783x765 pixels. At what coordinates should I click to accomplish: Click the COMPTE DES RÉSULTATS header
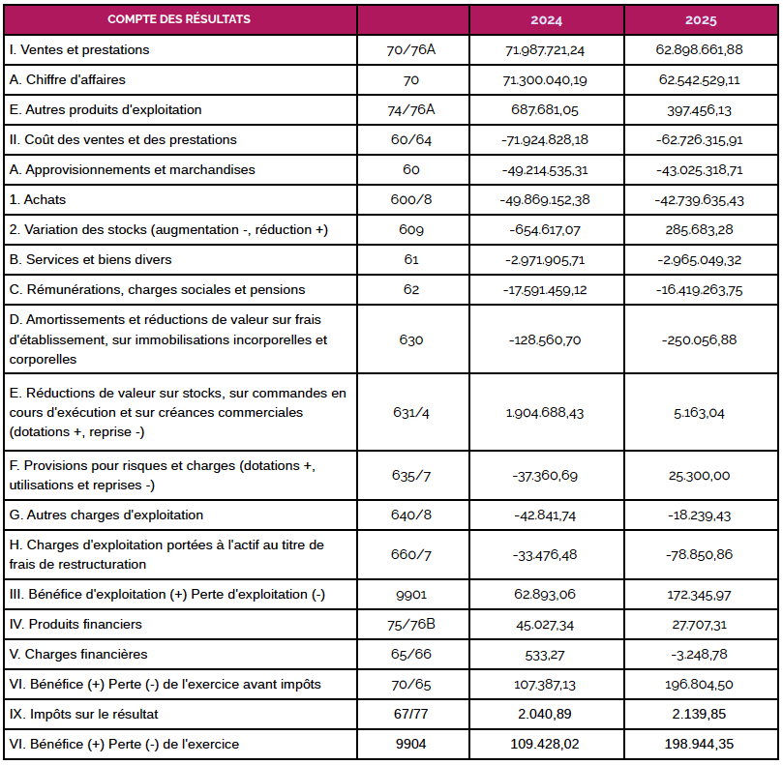(179, 19)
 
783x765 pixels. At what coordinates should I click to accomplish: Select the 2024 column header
(546, 20)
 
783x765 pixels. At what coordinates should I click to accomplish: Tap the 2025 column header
(701, 20)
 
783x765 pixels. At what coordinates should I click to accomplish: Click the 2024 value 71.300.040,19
(545, 80)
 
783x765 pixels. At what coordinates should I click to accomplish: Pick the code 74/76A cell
(411, 110)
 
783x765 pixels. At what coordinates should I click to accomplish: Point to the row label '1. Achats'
(38, 199)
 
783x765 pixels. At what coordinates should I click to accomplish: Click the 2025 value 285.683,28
(699, 229)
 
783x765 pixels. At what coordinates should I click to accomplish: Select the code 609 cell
(411, 229)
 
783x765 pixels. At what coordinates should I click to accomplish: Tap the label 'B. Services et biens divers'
(90, 259)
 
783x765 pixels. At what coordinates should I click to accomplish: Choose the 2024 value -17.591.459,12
(545, 290)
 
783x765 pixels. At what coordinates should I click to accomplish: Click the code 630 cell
(411, 339)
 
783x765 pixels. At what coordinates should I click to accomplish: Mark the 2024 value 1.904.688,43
(545, 413)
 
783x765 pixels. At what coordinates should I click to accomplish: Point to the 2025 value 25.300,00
(699, 476)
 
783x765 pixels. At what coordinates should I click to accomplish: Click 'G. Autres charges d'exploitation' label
(106, 515)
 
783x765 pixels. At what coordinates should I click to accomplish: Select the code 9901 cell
(411, 595)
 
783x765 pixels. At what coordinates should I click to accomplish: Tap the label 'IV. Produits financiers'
(75, 624)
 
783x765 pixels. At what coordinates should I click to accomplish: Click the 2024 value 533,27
(545, 655)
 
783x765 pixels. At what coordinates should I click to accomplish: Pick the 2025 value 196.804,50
(699, 684)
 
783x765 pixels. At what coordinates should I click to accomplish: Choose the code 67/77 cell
(411, 714)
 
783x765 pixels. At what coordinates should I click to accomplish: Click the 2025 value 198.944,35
(699, 744)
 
